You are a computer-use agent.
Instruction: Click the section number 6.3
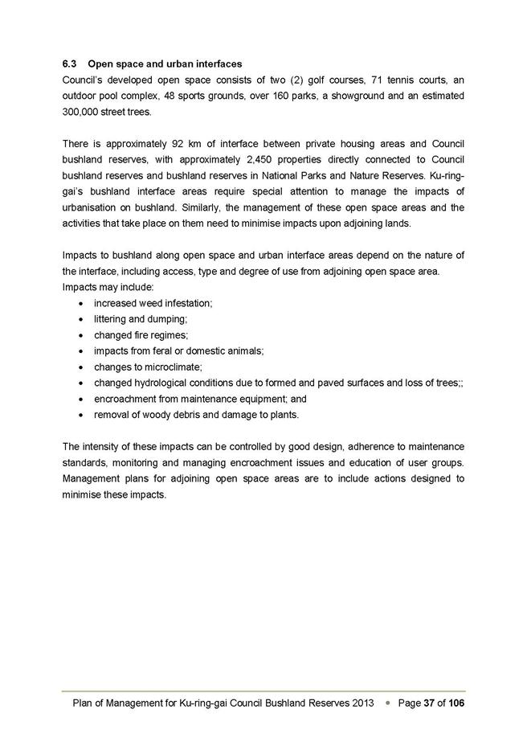click(70, 64)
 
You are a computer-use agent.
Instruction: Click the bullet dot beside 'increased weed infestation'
click(84, 303)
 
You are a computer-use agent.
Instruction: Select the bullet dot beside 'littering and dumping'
click(84, 319)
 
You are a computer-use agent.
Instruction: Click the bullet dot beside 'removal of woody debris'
click(84, 416)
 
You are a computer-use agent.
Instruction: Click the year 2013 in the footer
click(362, 703)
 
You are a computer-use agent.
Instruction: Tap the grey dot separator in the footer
click(388, 703)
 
